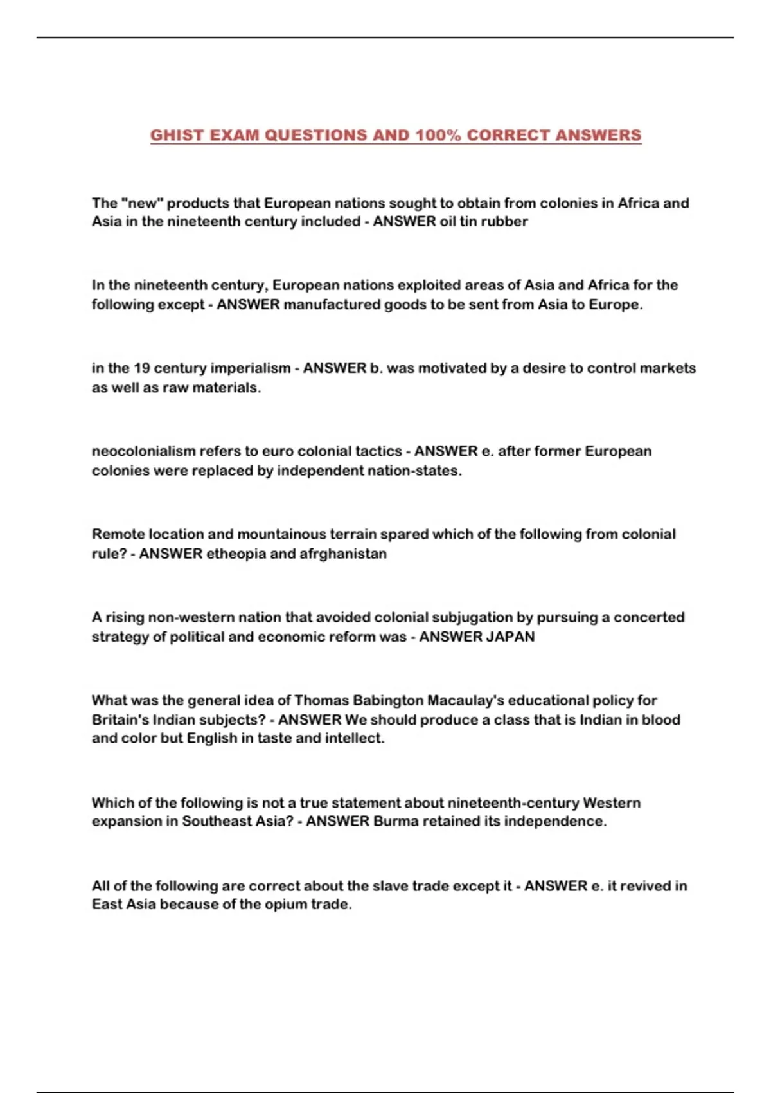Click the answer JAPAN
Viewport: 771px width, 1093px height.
point(510,637)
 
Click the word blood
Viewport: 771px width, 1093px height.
point(662,719)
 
